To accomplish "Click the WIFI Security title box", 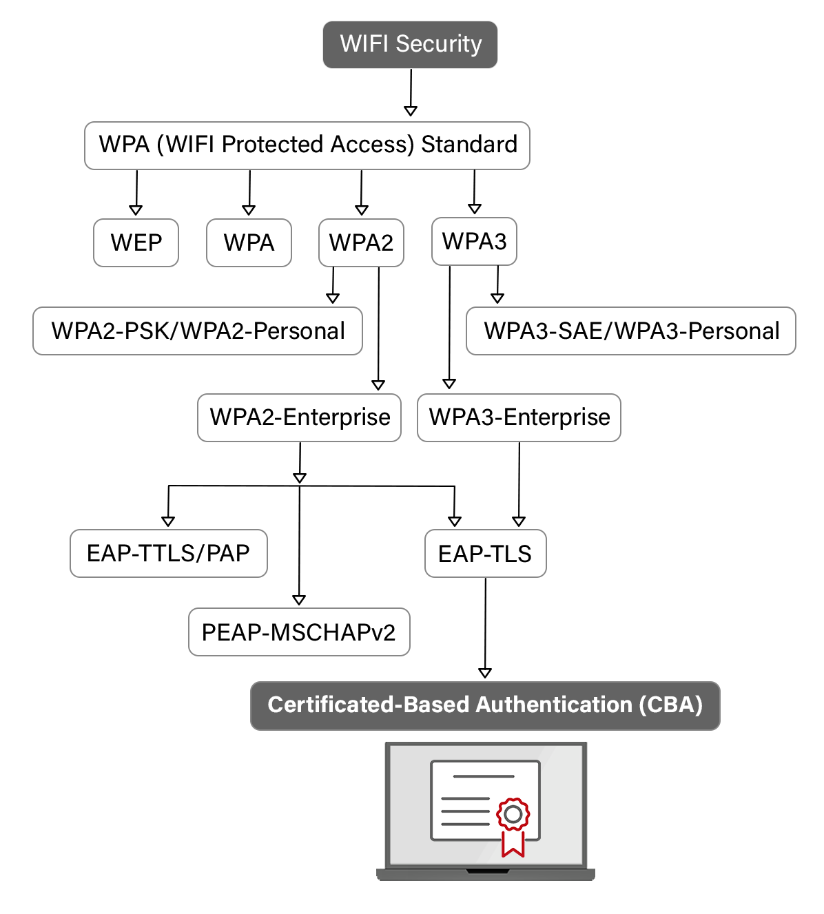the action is click(410, 45).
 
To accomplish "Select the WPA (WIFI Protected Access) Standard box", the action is click(307, 145).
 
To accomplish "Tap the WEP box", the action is click(136, 242).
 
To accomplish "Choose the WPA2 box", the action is click(361, 242).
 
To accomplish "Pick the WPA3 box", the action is click(474, 241).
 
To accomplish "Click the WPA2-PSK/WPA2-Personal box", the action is click(197, 331).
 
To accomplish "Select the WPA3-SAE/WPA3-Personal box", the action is click(631, 331).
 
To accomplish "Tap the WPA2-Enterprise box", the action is click(299, 417).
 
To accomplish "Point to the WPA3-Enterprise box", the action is click(519, 417).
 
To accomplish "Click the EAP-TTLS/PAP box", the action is click(168, 553).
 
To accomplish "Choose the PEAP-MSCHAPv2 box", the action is click(299, 632).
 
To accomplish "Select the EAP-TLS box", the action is click(486, 553).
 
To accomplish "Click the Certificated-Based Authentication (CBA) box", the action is click(485, 705).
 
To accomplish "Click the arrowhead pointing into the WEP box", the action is click(136, 210).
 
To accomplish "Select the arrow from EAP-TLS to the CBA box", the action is click(485, 628).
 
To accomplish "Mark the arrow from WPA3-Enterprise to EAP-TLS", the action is click(519, 484).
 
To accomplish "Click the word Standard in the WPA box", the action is click(469, 145).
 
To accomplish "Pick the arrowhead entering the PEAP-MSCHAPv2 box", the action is click(299, 600).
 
